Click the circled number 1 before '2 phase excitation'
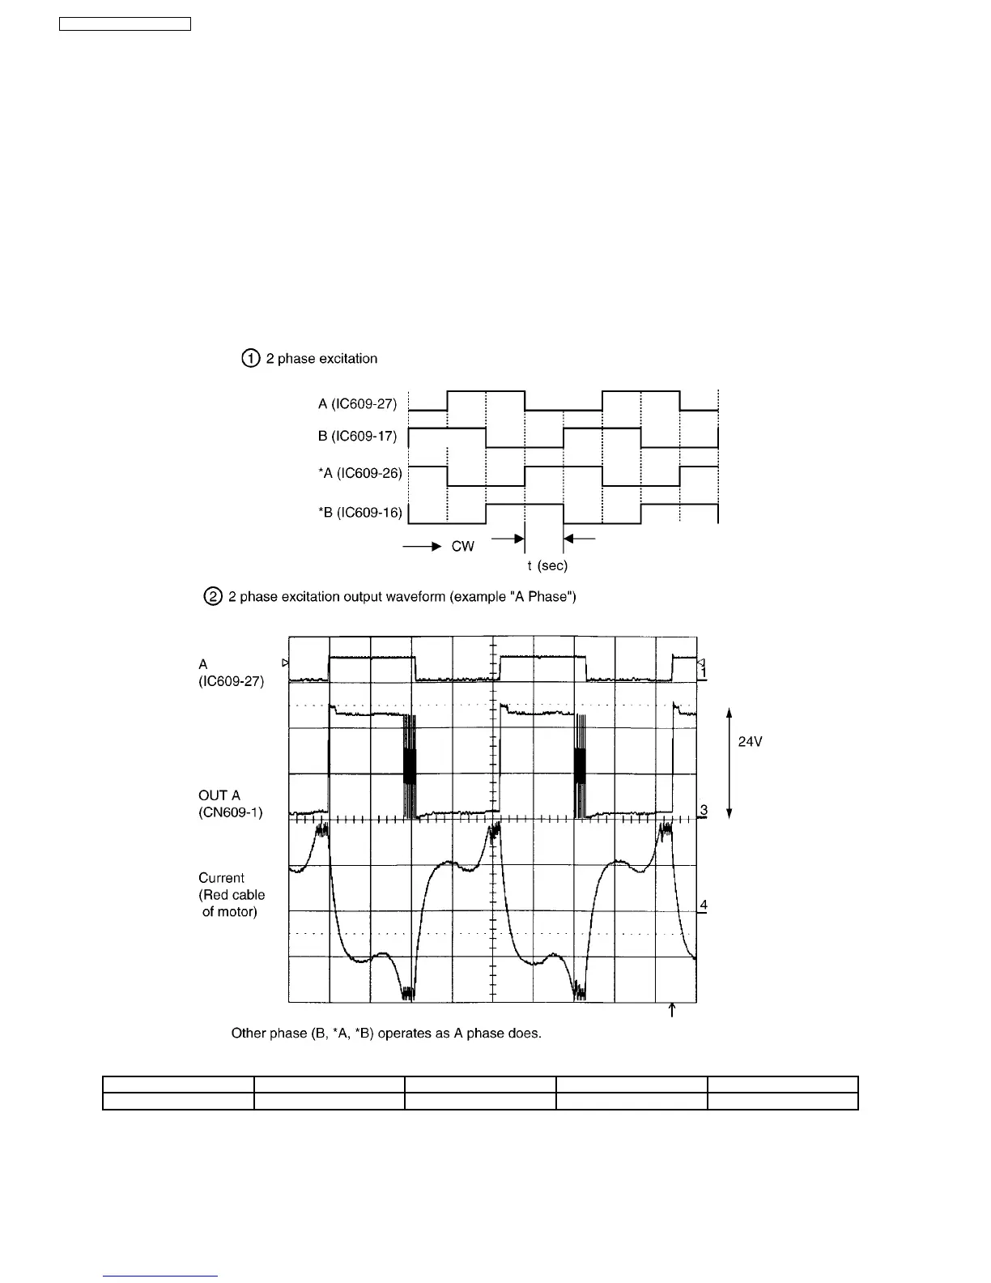[x=251, y=358]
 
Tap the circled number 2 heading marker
[x=212, y=597]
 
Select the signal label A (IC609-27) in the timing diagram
[x=357, y=404]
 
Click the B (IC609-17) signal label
[x=357, y=437]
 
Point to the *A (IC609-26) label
[x=359, y=473]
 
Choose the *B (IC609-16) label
[x=359, y=513]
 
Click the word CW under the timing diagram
[x=463, y=547]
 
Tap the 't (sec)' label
[x=547, y=565]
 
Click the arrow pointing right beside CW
[x=421, y=548]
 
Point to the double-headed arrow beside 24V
[x=729, y=763]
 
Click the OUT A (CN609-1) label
[x=230, y=803]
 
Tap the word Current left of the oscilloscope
[x=221, y=878]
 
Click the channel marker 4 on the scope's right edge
[x=704, y=905]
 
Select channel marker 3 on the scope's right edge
[x=704, y=810]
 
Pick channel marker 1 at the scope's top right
[x=704, y=672]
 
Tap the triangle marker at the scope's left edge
[x=285, y=663]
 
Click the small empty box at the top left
[x=125, y=23]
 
